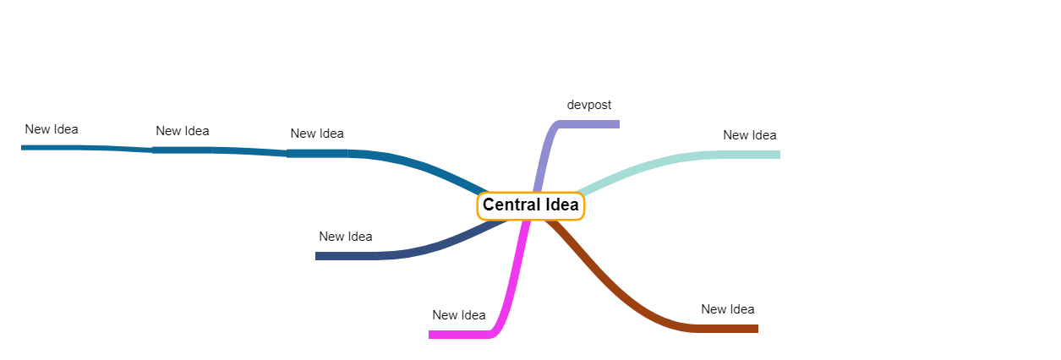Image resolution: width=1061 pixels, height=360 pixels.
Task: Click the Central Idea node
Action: [x=530, y=206]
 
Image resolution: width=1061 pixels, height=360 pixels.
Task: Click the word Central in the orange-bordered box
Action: [x=510, y=205]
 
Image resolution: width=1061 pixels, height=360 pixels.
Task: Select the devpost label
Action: [x=589, y=105]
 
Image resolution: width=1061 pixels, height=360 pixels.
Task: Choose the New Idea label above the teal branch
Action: [x=749, y=135]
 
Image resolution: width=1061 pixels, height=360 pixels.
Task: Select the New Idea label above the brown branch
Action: [x=727, y=309]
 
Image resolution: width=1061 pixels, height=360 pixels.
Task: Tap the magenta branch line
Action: [x=512, y=287]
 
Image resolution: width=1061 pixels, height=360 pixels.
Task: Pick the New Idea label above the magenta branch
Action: [x=458, y=315]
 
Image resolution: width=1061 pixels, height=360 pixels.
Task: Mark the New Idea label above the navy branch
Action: [x=345, y=237]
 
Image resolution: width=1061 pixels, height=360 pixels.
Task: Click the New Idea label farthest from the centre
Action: [x=51, y=129]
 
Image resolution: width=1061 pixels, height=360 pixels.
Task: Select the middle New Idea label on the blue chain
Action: [x=182, y=131]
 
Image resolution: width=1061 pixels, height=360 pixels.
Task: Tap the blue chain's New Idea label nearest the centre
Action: [x=316, y=134]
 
